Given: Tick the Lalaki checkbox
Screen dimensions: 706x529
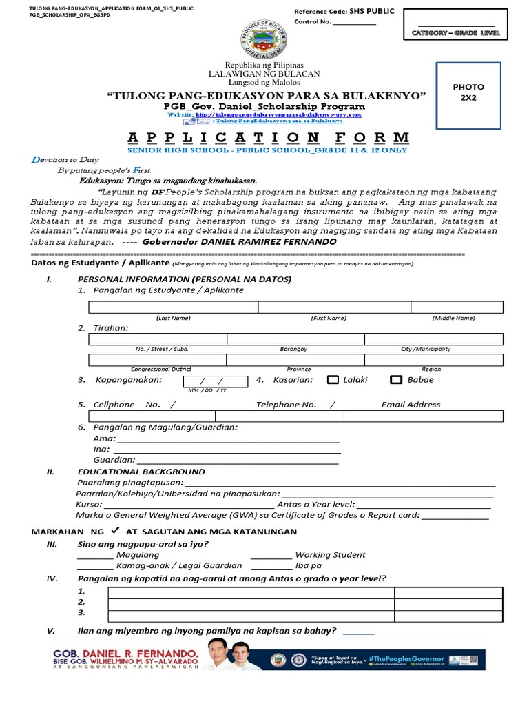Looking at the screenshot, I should (x=333, y=380).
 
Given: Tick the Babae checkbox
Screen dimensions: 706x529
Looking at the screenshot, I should (x=396, y=380).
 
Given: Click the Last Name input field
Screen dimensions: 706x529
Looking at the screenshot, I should (x=173, y=307).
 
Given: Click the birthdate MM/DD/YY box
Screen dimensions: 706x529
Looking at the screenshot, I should (x=215, y=382).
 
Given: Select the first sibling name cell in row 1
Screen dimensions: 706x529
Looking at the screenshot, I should (x=251, y=592).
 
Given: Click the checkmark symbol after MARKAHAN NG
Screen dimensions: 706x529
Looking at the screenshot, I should (x=115, y=530).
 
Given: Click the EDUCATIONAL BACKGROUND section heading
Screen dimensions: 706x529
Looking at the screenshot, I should (x=141, y=472).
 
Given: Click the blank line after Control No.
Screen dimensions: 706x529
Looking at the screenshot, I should (x=355, y=23).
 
